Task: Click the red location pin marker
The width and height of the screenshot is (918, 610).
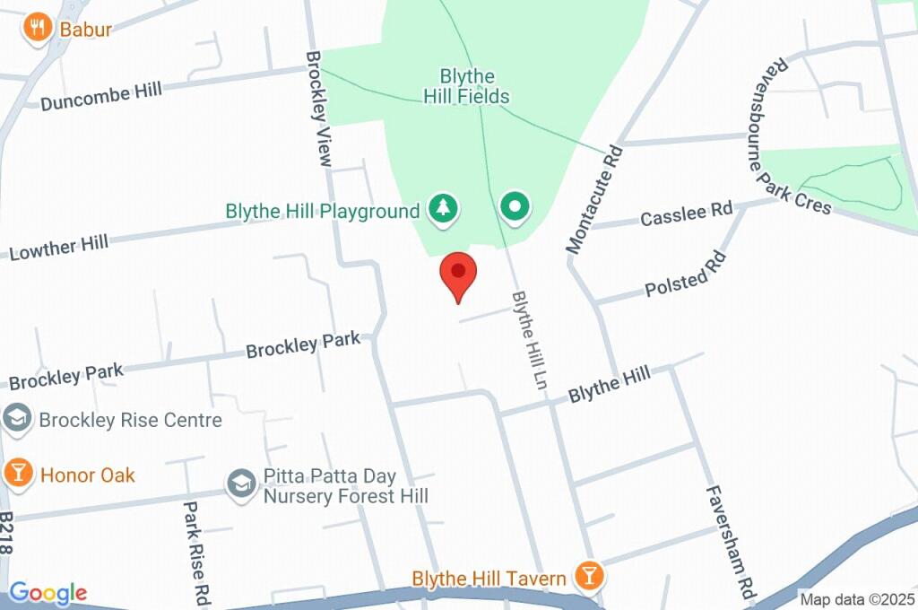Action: tap(458, 273)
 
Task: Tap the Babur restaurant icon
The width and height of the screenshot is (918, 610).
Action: tap(37, 28)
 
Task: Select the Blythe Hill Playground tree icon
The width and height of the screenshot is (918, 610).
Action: tap(443, 209)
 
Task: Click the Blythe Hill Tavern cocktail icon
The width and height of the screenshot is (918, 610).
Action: tap(589, 575)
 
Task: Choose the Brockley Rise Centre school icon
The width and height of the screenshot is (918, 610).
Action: tap(16, 417)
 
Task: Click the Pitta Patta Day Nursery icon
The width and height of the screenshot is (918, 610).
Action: tap(239, 484)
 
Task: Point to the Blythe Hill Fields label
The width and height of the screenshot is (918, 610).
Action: tap(474, 87)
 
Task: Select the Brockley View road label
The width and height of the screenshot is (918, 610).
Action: tap(320, 108)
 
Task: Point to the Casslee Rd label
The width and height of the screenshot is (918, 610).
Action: tap(687, 214)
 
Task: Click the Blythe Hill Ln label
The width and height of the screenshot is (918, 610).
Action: tap(529, 334)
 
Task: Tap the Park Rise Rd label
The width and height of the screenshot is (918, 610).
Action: tap(196, 551)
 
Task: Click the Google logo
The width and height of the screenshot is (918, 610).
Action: tap(48, 592)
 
